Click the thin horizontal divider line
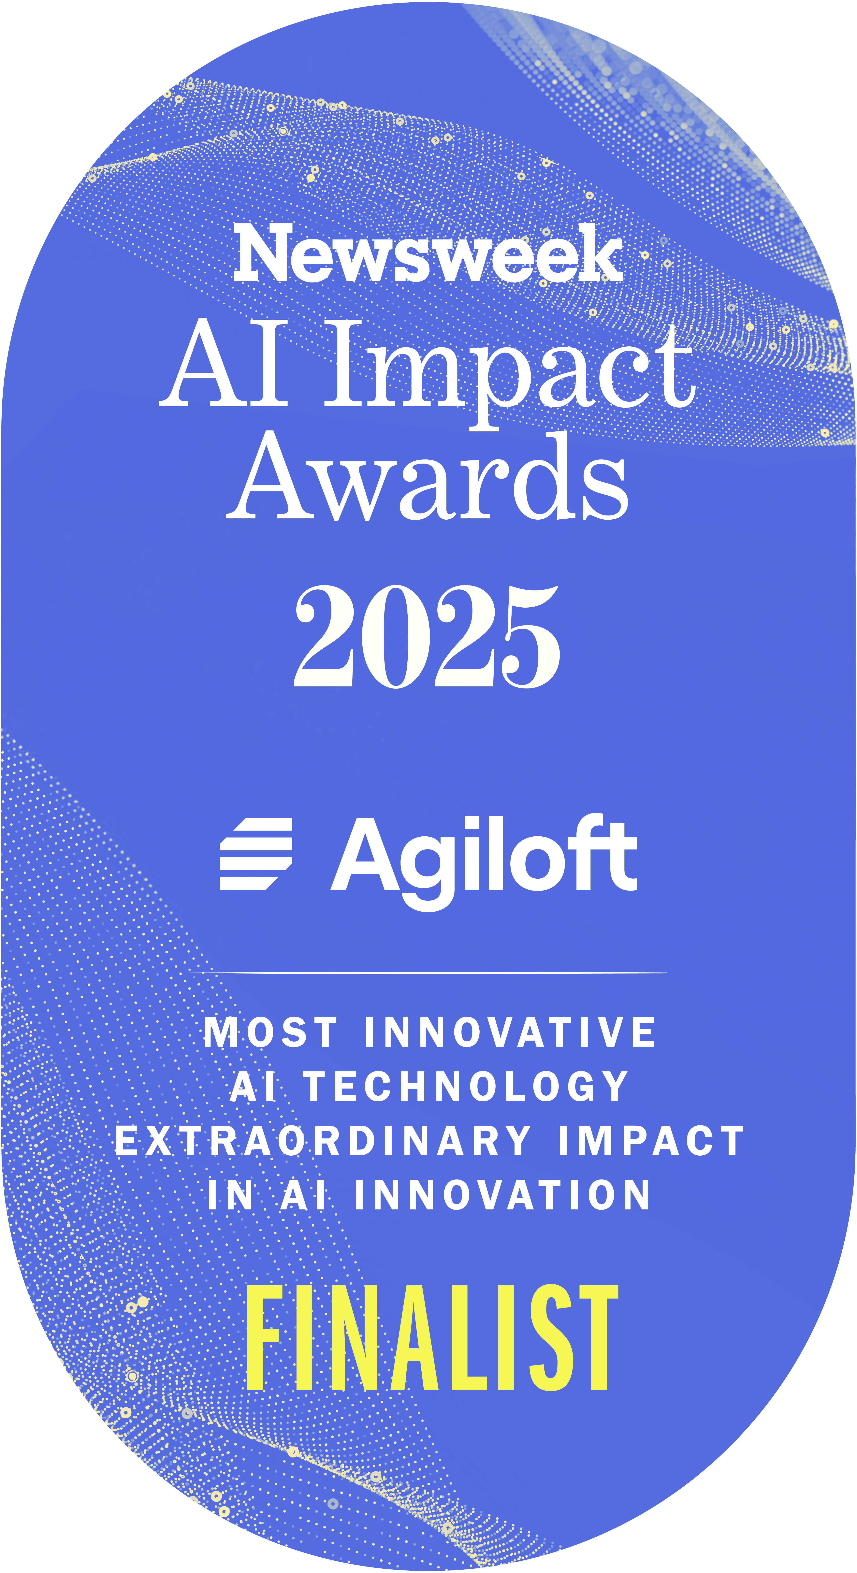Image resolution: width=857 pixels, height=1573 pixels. coord(428,972)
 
